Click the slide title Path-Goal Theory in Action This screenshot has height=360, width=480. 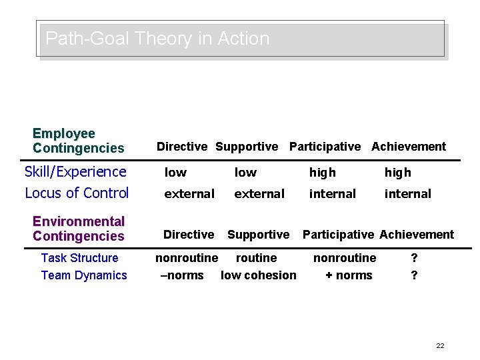[x=157, y=39]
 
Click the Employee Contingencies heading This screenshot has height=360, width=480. [x=78, y=141]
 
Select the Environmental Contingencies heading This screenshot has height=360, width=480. [x=78, y=229]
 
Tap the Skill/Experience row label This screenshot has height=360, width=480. [x=75, y=172]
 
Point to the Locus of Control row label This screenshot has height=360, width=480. [x=77, y=193]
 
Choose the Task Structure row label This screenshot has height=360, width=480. [x=79, y=258]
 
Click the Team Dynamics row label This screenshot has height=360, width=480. [x=84, y=275]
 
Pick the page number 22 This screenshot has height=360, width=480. [x=440, y=345]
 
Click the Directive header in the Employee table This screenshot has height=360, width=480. [x=181, y=147]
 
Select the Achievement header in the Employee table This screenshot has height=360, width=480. [x=409, y=147]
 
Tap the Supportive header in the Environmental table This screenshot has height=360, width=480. [x=259, y=235]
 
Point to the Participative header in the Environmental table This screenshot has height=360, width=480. [x=339, y=235]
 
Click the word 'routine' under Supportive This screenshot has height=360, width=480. [x=257, y=258]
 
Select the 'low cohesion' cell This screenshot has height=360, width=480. [x=259, y=275]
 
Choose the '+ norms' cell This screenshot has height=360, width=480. [x=349, y=275]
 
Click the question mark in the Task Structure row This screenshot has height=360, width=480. [x=415, y=258]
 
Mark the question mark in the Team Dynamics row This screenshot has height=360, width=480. [x=415, y=275]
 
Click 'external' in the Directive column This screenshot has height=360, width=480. [x=190, y=194]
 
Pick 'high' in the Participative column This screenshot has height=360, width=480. [x=323, y=173]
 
